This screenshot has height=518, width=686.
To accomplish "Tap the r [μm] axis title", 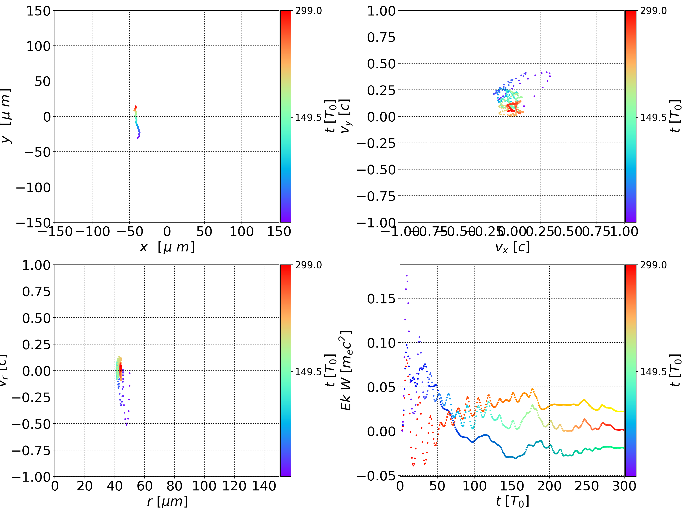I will click(x=167, y=501).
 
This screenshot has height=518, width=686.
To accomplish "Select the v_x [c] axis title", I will click(x=512, y=247).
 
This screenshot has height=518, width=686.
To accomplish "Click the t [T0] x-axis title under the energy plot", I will click(x=512, y=501).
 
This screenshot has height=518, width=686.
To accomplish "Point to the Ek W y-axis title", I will click(x=346, y=370).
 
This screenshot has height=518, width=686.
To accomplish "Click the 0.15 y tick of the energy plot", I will click(x=381, y=299).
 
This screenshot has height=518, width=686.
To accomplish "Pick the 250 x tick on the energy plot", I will click(x=586, y=486).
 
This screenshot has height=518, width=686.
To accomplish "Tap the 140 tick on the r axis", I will click(x=264, y=486).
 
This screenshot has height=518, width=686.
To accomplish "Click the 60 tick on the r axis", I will click(x=145, y=486).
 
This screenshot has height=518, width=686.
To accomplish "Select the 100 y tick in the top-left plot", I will click(x=38, y=46).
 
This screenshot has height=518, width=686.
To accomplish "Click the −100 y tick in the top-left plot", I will click(x=33, y=188).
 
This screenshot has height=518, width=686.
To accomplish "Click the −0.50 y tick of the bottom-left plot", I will click(x=31, y=424).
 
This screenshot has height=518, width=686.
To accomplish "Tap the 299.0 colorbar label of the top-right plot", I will click(x=653, y=11).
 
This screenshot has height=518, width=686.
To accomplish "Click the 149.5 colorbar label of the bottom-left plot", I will click(x=308, y=371).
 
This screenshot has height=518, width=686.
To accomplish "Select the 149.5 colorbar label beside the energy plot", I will click(x=653, y=371).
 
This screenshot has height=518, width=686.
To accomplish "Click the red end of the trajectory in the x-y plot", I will click(x=135, y=107).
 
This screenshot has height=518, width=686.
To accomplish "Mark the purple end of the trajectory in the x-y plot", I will click(x=138, y=138).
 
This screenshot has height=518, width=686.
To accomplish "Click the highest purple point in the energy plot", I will click(x=407, y=275).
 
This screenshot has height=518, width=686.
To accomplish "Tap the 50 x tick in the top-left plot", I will click(x=204, y=232).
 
